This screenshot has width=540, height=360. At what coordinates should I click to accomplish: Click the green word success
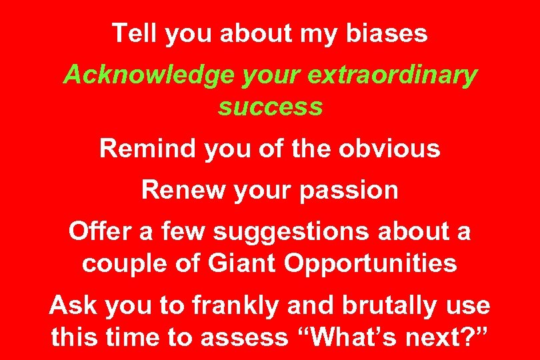click(270, 107)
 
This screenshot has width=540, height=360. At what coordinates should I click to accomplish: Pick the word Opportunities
click(371, 264)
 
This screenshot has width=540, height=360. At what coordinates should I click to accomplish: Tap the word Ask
click(72, 306)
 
